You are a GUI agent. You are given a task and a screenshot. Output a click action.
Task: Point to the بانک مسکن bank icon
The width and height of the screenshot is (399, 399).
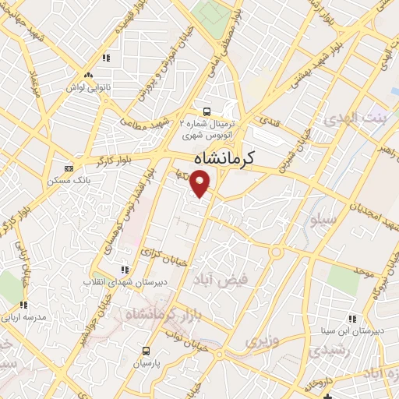tap(69, 168)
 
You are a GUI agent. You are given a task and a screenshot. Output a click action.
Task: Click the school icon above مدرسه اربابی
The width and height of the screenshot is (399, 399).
tap(23, 305)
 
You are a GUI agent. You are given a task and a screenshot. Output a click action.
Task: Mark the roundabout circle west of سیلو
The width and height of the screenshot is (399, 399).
tap(276, 252)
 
